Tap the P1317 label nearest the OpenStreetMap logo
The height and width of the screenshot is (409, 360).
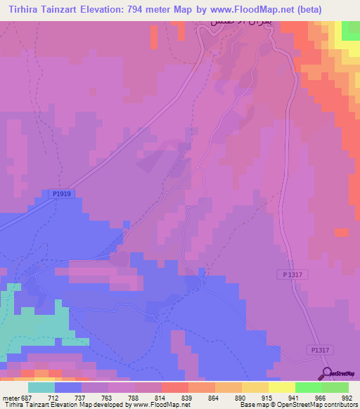(x=319, y=350)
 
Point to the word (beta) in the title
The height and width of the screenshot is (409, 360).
(x=340, y=9)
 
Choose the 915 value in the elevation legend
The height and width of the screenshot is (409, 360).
(x=265, y=396)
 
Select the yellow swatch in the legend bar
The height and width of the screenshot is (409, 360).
(x=281, y=387)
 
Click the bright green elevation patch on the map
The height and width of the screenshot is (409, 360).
(x=350, y=31)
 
